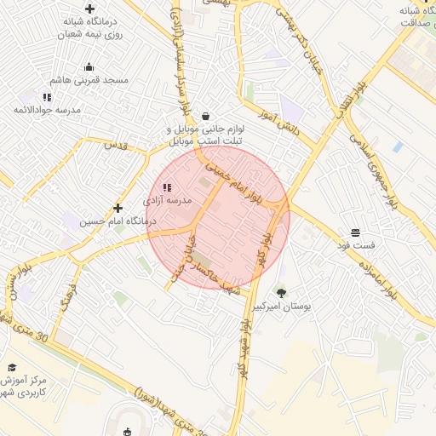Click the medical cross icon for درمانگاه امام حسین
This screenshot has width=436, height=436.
[x=118, y=208]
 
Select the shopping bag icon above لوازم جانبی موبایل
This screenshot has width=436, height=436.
[x=205, y=117]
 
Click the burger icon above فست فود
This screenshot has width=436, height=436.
[x=355, y=232]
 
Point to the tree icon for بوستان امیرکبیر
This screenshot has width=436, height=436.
[x=282, y=292]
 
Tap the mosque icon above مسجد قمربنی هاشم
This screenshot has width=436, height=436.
[x=89, y=67]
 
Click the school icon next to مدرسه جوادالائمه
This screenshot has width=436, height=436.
[x=47, y=97]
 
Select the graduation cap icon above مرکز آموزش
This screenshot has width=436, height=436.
[x=12, y=366]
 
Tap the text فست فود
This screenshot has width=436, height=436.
[x=356, y=244]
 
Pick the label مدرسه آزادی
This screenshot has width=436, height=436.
[x=168, y=199]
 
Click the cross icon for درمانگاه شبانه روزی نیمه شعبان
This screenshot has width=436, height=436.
[x=89, y=9]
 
